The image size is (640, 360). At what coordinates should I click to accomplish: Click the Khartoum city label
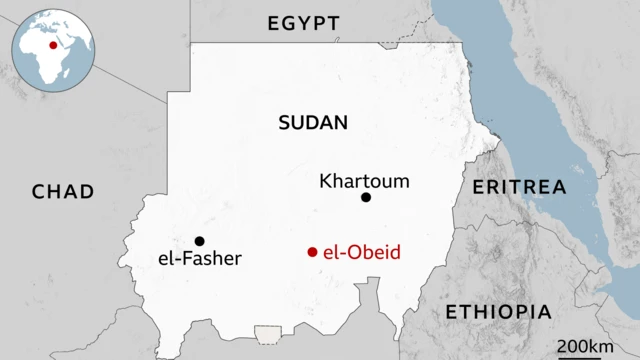click(364, 181)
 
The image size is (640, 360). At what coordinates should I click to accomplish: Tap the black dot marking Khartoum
click(366, 198)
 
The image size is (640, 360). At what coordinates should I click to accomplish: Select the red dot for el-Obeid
click(313, 252)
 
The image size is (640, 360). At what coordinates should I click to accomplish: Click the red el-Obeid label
click(362, 252)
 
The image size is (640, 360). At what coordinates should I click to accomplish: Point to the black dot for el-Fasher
click(200, 241)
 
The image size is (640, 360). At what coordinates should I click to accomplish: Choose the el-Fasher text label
click(200, 259)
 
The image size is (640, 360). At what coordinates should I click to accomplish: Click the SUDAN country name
click(313, 123)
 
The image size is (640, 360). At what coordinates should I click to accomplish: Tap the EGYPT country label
click(303, 23)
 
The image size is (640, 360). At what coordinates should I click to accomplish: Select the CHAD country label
click(62, 191)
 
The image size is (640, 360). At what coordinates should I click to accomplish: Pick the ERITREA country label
click(519, 187)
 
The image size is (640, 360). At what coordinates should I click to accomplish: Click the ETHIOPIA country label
click(498, 311)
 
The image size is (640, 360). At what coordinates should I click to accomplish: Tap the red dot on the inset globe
click(53, 44)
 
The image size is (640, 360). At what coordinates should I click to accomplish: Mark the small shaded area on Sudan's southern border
click(268, 333)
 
